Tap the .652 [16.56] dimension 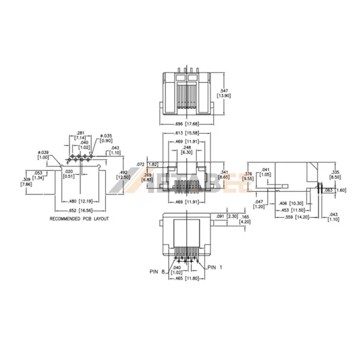(80, 211)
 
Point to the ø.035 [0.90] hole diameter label (106, 137)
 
